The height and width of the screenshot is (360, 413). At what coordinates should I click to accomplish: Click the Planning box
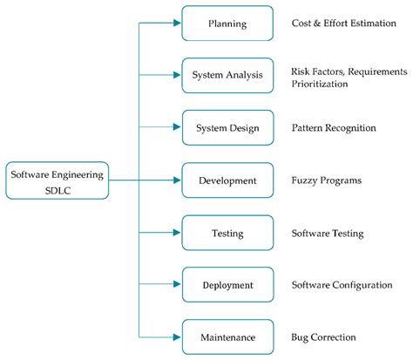point(227,24)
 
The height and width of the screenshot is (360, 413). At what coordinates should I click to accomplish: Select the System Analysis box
point(227,75)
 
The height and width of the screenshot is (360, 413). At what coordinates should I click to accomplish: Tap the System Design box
point(227,127)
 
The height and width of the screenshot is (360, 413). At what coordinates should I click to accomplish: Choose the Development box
point(227,180)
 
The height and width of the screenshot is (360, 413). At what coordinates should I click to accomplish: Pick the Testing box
point(227,233)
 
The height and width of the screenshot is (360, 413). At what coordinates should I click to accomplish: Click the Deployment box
point(227,284)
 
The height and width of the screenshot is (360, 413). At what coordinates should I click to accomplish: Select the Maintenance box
point(227,336)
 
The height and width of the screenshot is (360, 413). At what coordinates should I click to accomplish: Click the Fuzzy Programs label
point(326,180)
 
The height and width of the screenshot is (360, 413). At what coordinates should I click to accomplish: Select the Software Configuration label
point(342,285)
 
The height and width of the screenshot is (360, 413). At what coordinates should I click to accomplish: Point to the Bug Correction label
point(323,337)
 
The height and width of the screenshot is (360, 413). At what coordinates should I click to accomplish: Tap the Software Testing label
point(328,233)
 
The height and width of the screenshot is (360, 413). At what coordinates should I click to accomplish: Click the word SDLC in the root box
point(57,190)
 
